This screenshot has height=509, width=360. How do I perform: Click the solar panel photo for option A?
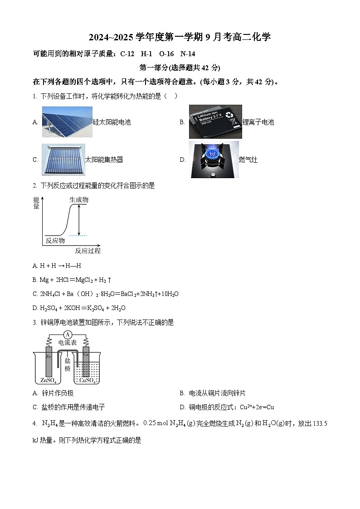click(x=67, y=122)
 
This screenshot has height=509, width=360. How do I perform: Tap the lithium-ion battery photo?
click(x=215, y=121)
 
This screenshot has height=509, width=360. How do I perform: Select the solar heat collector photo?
click(x=63, y=159)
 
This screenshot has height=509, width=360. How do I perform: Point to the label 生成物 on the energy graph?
click(x=79, y=199)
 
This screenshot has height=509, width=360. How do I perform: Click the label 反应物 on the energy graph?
click(x=55, y=240)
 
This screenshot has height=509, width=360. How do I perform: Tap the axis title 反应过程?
click(x=88, y=251)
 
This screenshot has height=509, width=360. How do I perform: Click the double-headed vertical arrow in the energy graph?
click(x=79, y=220)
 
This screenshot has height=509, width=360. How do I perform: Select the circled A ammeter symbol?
click(x=68, y=334)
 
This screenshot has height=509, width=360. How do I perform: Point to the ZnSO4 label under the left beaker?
click(x=49, y=380)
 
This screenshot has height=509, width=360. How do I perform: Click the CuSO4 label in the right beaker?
click(x=87, y=380)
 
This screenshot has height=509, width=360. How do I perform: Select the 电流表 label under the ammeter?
click(x=68, y=343)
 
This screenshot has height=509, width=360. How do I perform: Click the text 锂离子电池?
click(x=258, y=122)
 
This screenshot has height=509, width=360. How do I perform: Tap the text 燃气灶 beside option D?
click(x=248, y=160)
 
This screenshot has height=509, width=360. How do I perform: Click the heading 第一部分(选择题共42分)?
click(x=180, y=68)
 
